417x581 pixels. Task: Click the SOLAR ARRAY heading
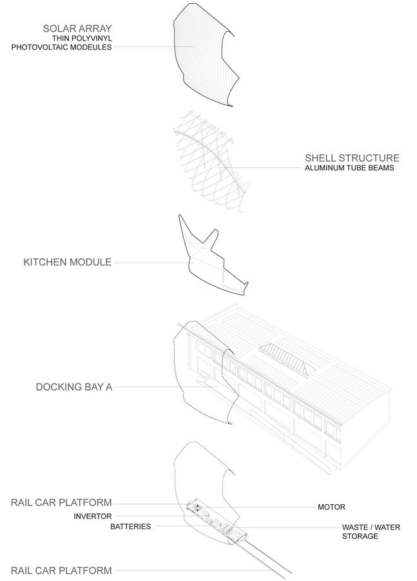pos(77,28)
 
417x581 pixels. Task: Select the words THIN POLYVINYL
pos(82,38)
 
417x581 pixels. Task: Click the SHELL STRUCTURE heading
pos(352,158)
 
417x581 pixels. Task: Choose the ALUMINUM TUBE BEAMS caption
pos(349,168)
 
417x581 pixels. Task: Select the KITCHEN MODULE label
pos(67,262)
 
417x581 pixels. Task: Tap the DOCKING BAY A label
pos(74,387)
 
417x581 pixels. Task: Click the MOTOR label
pos(331,507)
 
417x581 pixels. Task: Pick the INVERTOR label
pos(93,516)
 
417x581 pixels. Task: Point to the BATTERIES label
pos(131,527)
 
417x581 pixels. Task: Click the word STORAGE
pos(360,536)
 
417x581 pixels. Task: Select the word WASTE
pos(355,527)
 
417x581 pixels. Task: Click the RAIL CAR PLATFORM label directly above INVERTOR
pos(61,502)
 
